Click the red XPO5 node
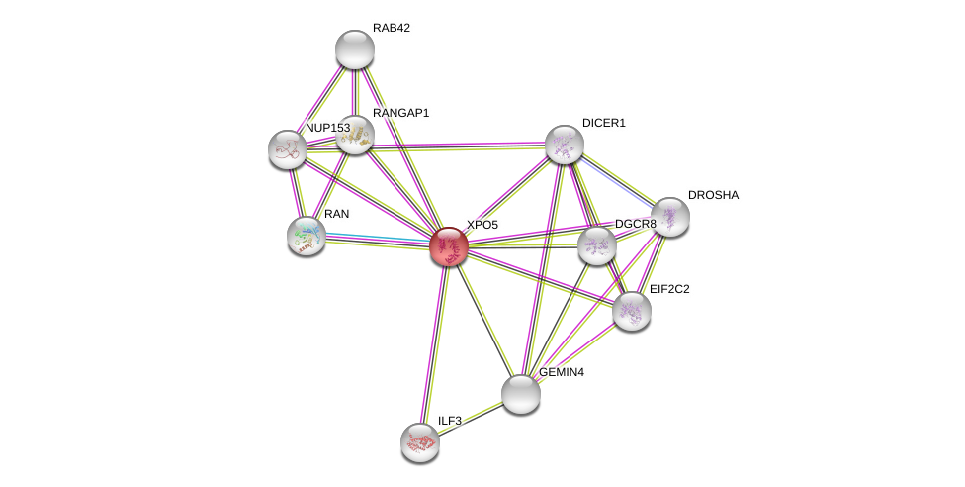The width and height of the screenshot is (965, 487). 448,246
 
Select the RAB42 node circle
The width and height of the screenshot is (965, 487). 354,49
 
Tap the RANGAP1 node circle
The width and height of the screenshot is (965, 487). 354,135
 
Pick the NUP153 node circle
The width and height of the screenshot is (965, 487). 287,148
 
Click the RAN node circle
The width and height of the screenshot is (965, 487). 307,236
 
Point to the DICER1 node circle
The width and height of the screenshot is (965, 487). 564,145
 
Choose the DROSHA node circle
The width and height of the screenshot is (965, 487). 669,217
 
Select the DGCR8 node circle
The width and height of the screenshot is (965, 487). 596,245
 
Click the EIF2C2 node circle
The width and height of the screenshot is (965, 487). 631,311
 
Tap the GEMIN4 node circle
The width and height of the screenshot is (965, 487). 521,393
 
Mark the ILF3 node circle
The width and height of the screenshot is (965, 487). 420,441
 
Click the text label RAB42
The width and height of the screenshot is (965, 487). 391,28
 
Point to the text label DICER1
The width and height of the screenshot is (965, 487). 603,123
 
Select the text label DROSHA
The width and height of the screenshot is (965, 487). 713,195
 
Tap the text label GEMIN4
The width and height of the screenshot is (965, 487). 561,372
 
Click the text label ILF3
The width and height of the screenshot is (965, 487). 449,421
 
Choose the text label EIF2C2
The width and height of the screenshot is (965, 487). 668,289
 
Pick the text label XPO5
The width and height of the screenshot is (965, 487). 482,225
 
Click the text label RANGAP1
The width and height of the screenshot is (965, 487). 400,113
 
